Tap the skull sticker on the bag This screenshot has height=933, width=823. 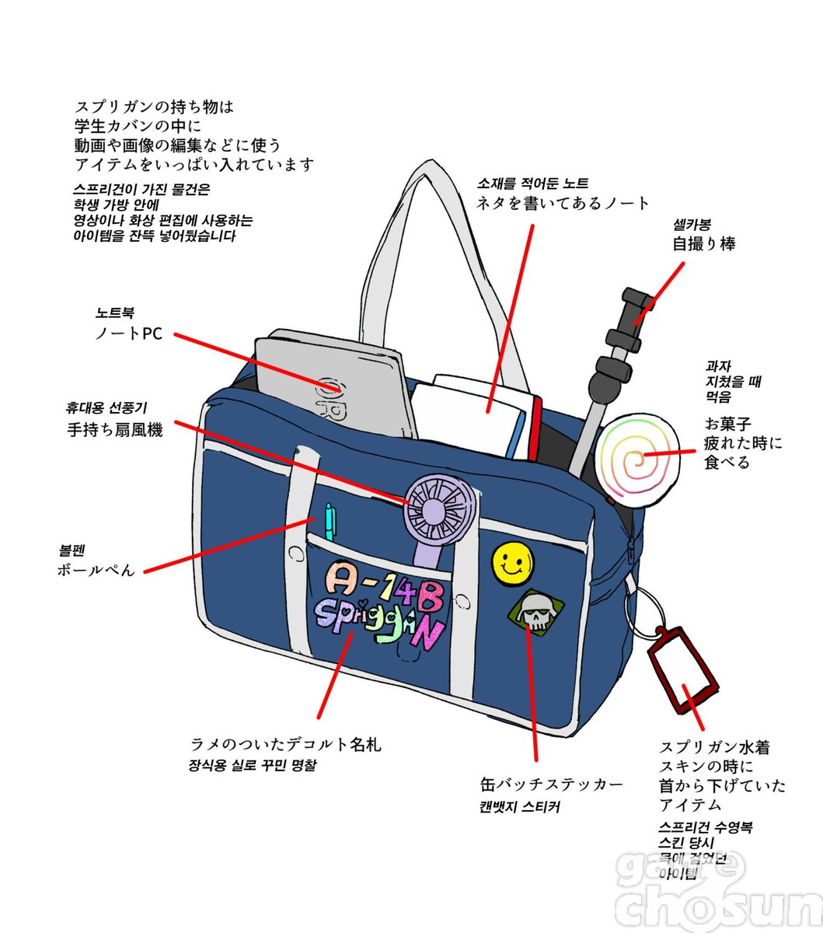pyautogui.click(x=531, y=611)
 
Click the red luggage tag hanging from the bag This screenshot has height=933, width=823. pyautogui.click(x=682, y=670)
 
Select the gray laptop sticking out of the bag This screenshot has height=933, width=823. pyautogui.click(x=334, y=385)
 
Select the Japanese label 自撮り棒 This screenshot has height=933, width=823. pyautogui.click(x=703, y=243)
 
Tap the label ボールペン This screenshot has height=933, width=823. pyautogui.click(x=96, y=569)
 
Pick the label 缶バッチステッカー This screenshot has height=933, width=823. pyautogui.click(x=552, y=784)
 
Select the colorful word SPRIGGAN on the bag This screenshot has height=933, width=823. pyautogui.click(x=380, y=620)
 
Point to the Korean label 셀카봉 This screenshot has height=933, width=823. pyautogui.click(x=692, y=225)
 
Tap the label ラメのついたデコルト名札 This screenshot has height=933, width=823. pyautogui.click(x=286, y=744)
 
